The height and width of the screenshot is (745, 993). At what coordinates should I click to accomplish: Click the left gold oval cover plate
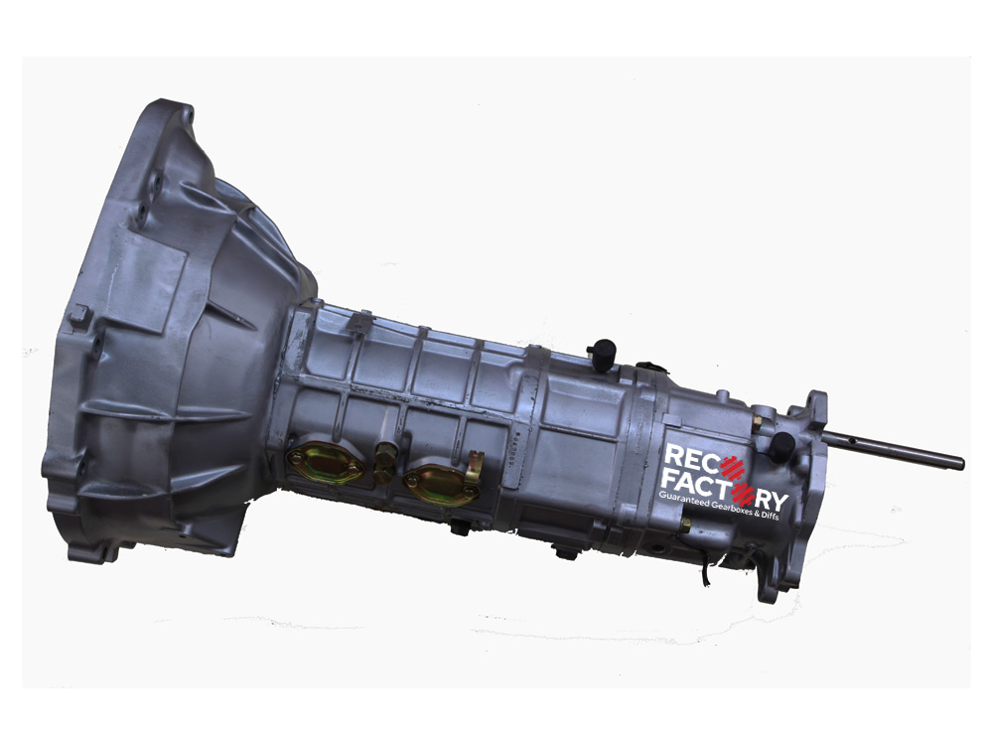[325, 462]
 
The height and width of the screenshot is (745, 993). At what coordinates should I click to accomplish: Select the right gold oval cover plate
[440, 482]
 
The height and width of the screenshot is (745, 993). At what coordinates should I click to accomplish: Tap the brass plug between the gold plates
[382, 463]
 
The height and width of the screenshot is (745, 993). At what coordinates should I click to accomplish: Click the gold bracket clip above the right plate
[475, 464]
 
